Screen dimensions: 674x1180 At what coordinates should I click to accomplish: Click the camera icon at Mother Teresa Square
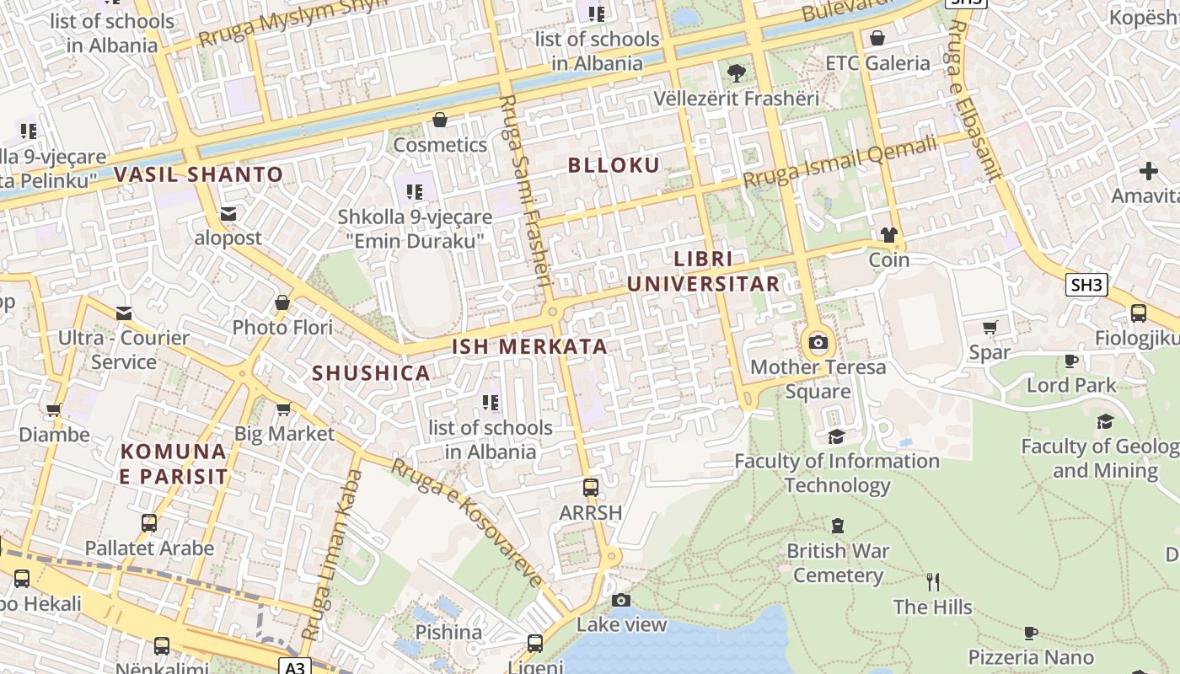tap(818, 342)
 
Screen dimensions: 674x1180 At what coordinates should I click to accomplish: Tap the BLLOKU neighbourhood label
tap(614, 165)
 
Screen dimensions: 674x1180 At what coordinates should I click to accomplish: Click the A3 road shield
tap(294, 667)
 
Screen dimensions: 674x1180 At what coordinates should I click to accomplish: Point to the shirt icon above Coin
tap(888, 235)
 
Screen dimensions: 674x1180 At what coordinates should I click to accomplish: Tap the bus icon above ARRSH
tap(591, 487)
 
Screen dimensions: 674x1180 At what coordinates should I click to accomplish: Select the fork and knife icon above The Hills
tap(932, 581)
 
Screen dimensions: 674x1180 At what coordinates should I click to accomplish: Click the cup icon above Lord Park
tap(1070, 361)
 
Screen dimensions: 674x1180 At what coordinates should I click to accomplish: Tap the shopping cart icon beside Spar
tap(990, 327)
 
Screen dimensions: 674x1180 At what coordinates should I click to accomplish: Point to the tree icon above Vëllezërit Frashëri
tap(736, 73)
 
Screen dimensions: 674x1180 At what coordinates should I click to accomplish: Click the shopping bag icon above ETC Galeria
tap(877, 38)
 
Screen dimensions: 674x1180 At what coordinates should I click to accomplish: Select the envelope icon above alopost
tap(228, 214)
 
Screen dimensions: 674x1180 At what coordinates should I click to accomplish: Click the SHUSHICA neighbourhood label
tap(371, 373)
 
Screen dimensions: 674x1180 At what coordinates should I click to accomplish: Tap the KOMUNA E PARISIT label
tap(174, 464)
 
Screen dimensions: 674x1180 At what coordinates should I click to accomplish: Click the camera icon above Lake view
tap(621, 600)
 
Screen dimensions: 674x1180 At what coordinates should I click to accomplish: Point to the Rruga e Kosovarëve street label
tap(469, 523)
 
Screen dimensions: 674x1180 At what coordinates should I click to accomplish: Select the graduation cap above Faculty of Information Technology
tap(836, 436)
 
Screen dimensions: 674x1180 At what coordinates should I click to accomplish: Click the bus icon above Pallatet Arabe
tap(149, 523)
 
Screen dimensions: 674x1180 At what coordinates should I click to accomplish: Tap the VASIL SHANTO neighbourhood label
tap(198, 175)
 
